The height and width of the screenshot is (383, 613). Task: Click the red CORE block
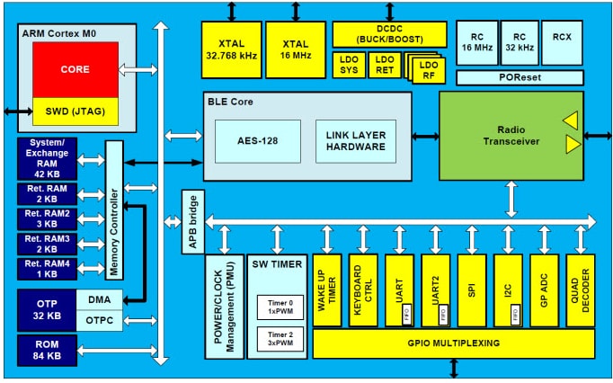tap(75, 68)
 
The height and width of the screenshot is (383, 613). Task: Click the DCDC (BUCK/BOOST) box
tap(389, 35)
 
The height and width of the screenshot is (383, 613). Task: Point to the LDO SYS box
tap(348, 65)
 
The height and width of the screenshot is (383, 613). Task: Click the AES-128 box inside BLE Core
tap(257, 140)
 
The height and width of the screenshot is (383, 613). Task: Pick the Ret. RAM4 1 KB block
tap(46, 269)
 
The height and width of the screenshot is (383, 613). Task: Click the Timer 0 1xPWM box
tap(274, 308)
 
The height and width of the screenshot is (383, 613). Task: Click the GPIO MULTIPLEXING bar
tap(453, 343)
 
